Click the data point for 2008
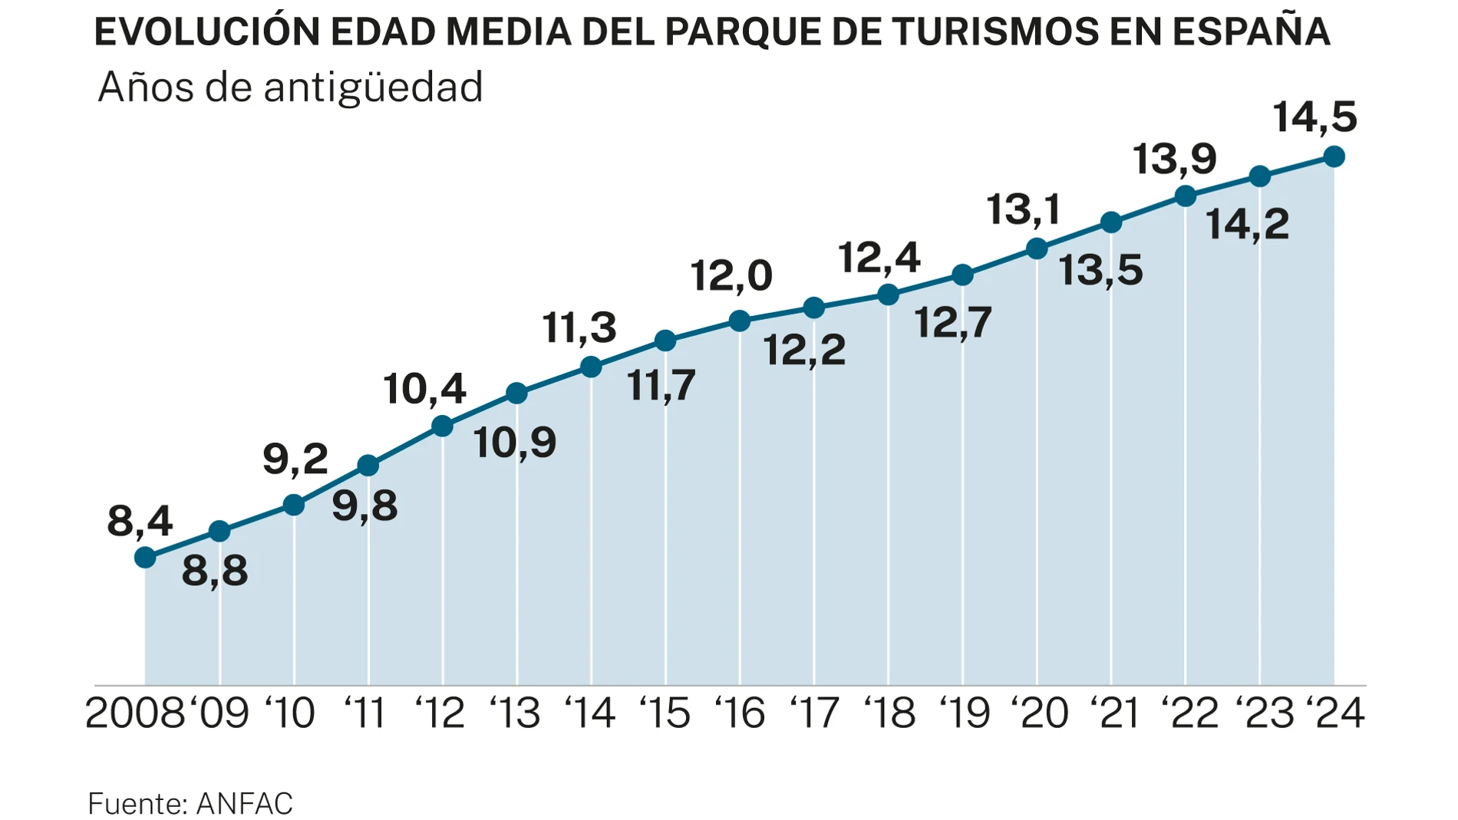[145, 558]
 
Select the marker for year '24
[1334, 156]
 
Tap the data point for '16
[739, 321]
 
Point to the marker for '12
[442, 426]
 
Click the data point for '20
[1037, 249]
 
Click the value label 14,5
[1315, 117]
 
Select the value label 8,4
[140, 522]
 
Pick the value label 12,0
[731, 276]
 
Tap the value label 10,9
[514, 443]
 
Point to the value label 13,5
[1100, 270]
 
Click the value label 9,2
[295, 459]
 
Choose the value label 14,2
[1247, 225]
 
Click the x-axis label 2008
[135, 713]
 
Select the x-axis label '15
[665, 713]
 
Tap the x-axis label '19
[965, 713]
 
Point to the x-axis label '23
[1264, 713]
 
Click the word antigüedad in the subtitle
[373, 87]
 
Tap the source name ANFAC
[245, 804]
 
